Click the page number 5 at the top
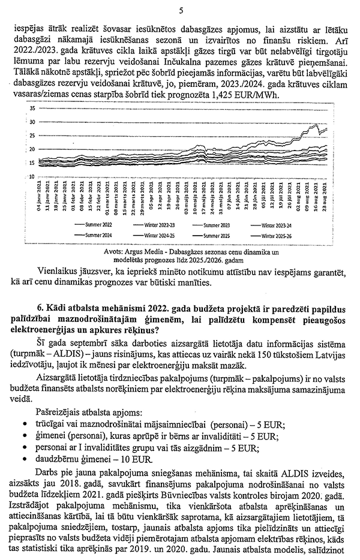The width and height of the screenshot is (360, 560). [x=181, y=10]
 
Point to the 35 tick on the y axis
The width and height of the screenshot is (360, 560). [x=32, y=109]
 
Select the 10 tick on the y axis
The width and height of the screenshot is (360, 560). [x=32, y=176]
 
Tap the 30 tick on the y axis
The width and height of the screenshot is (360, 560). [x=32, y=122]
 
